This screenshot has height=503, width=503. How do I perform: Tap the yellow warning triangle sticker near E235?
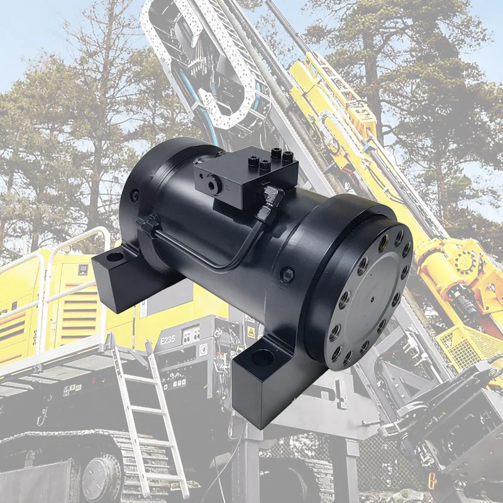(251, 331)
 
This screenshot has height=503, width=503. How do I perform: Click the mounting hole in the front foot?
(263, 359)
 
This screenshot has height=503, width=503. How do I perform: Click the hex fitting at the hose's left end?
(146, 223)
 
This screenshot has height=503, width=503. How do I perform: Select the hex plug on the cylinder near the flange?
(287, 274)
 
